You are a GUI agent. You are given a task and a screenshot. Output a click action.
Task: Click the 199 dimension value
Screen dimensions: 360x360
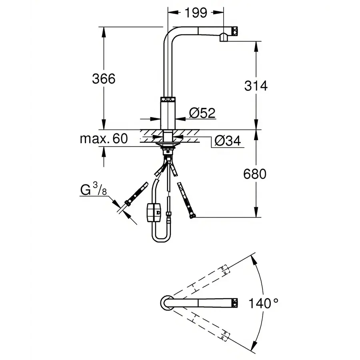(x=196, y=13)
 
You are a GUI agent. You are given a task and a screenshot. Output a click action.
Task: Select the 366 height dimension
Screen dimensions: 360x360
(x=104, y=79)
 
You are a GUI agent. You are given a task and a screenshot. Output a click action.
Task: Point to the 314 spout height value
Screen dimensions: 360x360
(x=256, y=86)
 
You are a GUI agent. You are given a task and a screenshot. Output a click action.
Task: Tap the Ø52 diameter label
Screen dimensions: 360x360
(x=202, y=113)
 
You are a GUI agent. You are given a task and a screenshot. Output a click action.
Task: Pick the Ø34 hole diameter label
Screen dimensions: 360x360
(x=228, y=140)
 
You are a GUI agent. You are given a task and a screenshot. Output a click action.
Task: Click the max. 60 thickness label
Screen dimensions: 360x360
(x=104, y=139)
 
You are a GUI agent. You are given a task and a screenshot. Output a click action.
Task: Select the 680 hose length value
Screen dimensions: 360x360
(x=255, y=174)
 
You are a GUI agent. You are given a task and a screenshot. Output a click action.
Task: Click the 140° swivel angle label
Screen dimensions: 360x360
(x=263, y=303)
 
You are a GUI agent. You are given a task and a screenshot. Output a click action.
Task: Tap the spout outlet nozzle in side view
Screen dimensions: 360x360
(x=224, y=38)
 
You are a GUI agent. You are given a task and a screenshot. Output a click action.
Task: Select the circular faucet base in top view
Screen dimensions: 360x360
(x=167, y=303)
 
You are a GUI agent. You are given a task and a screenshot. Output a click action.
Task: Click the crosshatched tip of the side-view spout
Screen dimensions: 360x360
(x=235, y=31)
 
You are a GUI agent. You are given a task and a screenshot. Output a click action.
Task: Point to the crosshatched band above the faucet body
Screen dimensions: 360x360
(x=168, y=99)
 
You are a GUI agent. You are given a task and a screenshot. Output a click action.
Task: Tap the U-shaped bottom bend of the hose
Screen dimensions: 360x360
(x=162, y=237)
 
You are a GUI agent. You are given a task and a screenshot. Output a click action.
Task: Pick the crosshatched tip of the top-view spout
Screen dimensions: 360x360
(x=235, y=303)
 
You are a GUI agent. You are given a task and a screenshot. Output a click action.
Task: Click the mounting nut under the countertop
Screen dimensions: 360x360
(x=168, y=151)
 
